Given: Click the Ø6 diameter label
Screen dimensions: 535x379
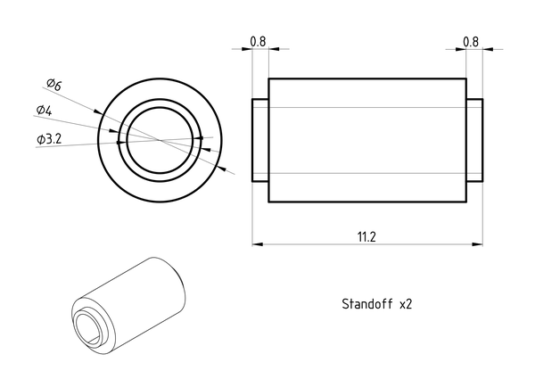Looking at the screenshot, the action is click(53, 84).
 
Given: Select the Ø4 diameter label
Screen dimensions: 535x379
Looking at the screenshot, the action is click(45, 111).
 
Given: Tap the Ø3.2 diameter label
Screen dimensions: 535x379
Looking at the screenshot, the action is click(49, 139).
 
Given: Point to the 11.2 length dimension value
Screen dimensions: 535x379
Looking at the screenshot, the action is click(366, 236).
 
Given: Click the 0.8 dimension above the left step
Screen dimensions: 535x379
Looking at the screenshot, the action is click(258, 42).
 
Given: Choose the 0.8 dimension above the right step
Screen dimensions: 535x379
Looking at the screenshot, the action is click(471, 42).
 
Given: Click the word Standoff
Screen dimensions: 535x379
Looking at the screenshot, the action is click(367, 303).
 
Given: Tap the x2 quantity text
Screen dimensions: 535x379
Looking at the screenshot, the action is click(406, 304).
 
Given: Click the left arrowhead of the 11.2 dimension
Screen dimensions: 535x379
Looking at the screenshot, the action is click(258, 244).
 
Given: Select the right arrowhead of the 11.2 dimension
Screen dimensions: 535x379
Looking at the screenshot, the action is click(477, 244).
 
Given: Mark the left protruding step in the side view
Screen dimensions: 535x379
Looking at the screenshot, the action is click(260, 140).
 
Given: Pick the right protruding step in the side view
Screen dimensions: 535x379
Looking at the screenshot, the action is click(474, 140).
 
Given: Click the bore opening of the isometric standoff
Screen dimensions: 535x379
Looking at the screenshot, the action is click(87, 327).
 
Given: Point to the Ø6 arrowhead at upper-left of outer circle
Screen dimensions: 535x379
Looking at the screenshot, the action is click(98, 111).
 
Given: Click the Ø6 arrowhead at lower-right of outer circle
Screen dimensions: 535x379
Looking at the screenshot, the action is click(221, 168).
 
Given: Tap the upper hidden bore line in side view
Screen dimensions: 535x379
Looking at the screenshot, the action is click(367, 107).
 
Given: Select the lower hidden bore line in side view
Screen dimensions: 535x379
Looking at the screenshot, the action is click(367, 173).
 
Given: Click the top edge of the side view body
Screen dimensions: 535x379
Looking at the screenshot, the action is click(367, 78).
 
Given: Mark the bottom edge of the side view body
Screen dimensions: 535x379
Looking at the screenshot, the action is click(367, 202).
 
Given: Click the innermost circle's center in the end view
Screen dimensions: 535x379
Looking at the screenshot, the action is click(160, 140).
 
